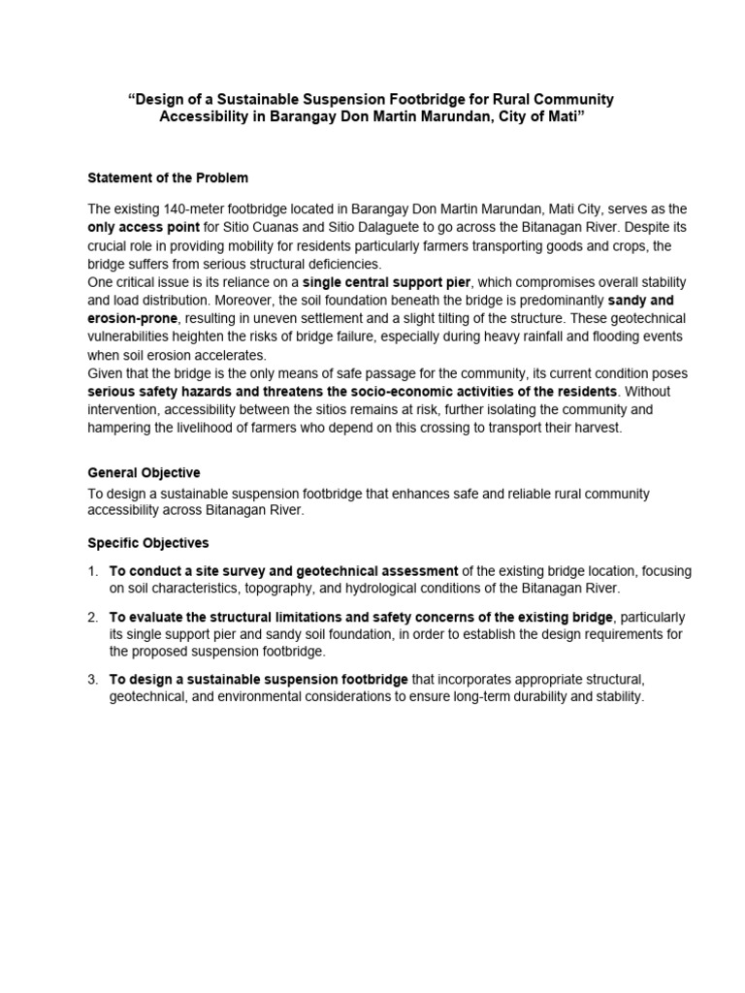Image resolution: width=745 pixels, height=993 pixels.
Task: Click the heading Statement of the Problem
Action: point(168,178)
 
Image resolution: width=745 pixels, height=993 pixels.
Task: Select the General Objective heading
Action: point(144,473)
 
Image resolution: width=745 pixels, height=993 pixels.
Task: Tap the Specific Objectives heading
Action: point(147,543)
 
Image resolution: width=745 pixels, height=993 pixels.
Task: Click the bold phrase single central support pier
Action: point(386,281)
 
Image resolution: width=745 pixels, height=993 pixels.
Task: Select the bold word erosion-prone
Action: point(132,317)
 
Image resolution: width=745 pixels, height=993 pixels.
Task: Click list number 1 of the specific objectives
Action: point(92,571)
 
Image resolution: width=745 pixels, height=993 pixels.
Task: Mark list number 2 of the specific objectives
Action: point(92,618)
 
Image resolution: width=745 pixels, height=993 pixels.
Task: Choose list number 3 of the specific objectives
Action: point(92,680)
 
